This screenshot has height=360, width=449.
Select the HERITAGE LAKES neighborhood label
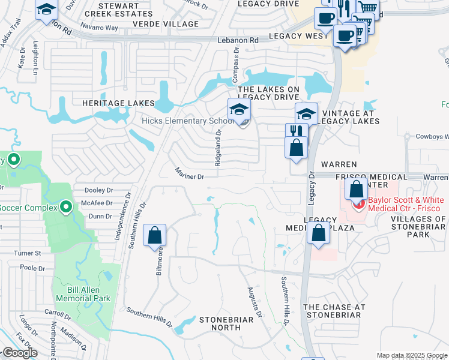114,103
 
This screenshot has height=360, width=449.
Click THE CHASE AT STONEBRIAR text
334,311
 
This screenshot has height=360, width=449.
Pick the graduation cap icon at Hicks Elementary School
239,110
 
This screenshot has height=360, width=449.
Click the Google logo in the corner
19,353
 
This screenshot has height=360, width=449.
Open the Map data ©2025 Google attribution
411,355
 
